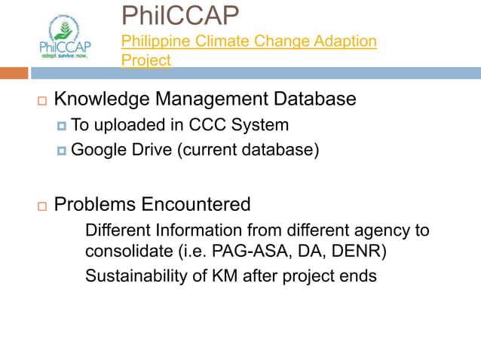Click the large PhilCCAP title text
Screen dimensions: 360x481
pos(180,14)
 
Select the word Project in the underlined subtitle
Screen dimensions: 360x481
pos(146,59)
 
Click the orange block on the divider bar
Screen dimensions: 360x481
pos(14,73)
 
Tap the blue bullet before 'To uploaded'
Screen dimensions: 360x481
pos(62,126)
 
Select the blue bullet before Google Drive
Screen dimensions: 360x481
pos(62,151)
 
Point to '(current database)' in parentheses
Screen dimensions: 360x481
pos(248,150)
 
